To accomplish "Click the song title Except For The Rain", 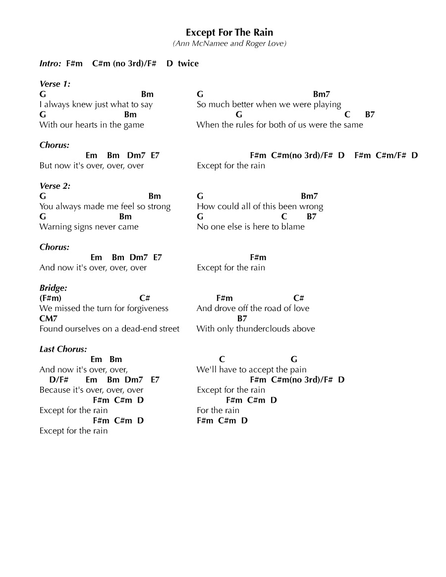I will coord(229,33).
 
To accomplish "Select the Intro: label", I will coord(51,63).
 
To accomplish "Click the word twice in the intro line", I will coord(188,63).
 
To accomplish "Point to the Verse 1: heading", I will coord(55,84).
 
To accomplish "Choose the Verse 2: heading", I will coord(55,186).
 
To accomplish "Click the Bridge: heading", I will coord(53,288).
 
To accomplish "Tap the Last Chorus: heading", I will coord(63,349).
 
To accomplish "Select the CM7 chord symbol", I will coord(49,318).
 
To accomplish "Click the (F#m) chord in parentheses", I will coord(51,298).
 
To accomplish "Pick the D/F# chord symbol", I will coord(58,380).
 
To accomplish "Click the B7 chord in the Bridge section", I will coord(242,318).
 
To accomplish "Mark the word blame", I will coord(293,227).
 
